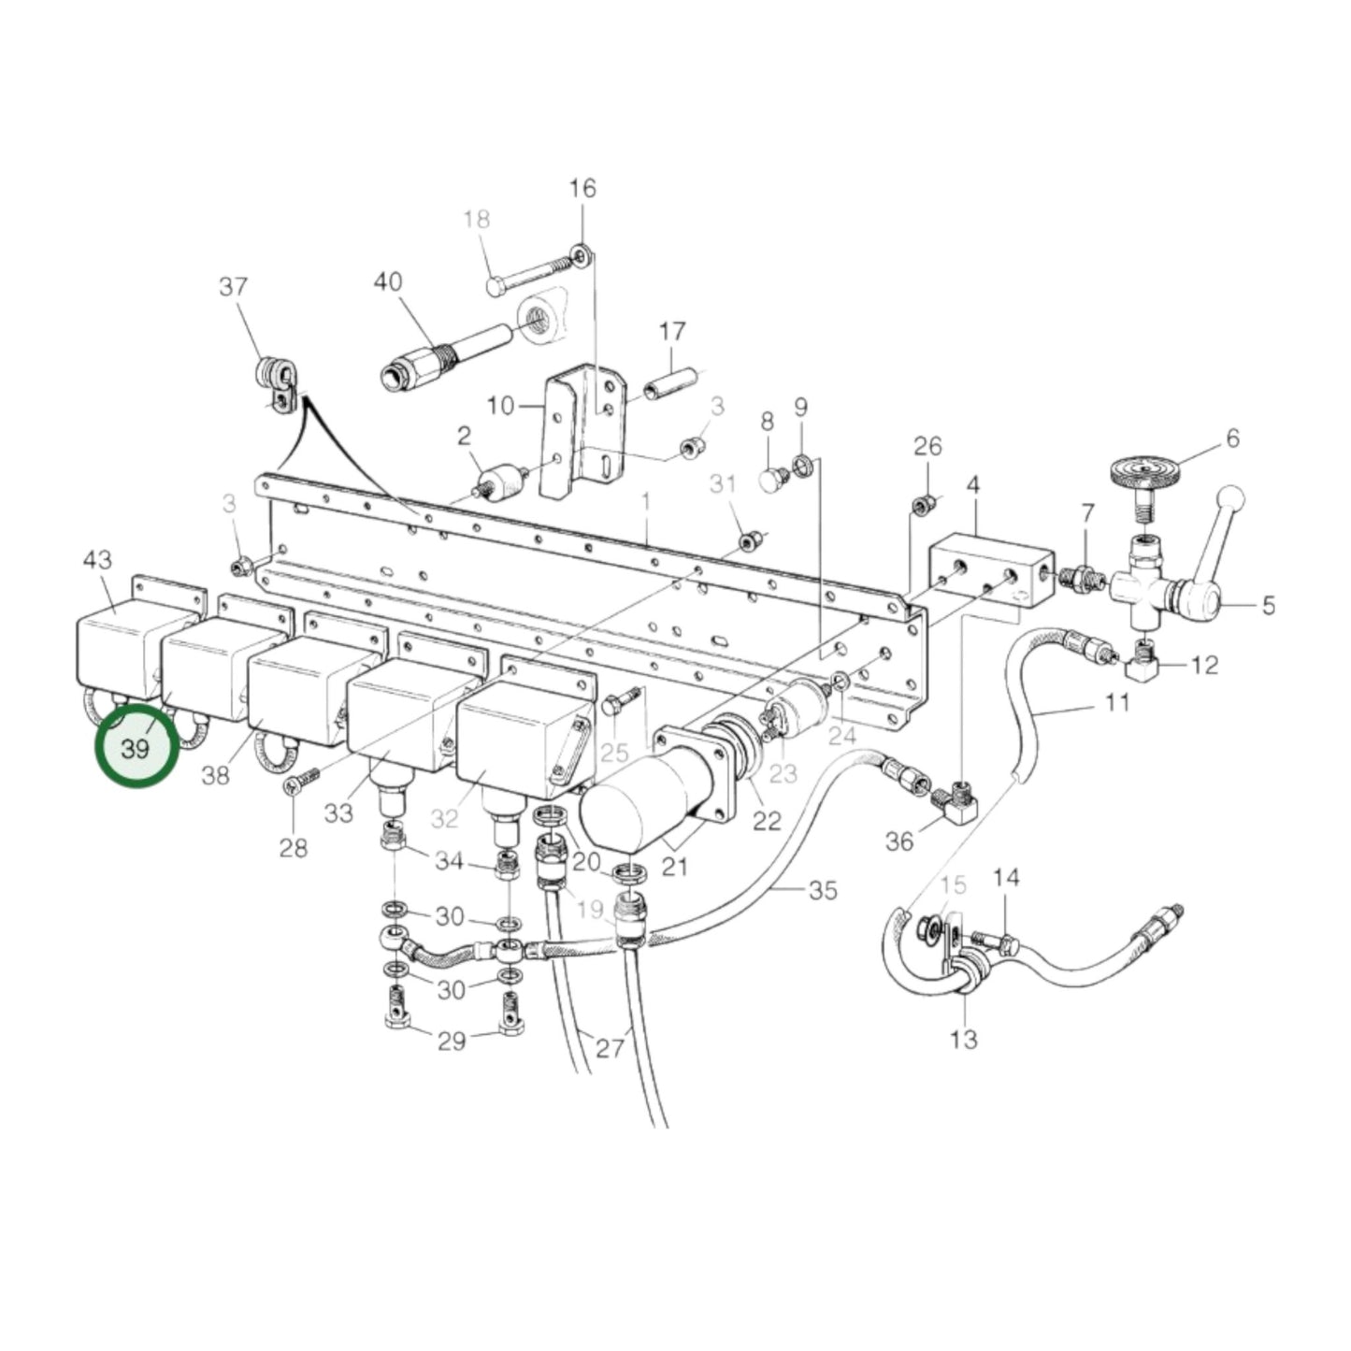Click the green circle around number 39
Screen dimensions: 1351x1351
coord(137,748)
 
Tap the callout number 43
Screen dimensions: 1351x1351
coord(97,560)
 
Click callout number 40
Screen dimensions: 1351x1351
coord(388,282)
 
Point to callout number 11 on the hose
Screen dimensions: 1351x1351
coord(1117,701)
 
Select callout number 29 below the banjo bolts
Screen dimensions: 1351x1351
coord(452,1040)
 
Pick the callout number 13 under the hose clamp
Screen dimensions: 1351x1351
coord(963,1038)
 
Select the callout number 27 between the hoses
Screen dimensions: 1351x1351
coord(610,1048)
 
